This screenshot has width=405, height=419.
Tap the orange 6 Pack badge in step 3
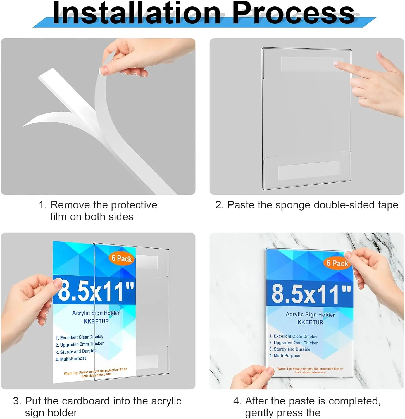point(121,258)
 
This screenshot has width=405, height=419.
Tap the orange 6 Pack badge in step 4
point(337,263)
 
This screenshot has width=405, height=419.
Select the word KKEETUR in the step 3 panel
point(96,322)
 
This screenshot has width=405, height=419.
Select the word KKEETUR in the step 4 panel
point(310,322)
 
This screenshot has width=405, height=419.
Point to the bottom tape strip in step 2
point(309,170)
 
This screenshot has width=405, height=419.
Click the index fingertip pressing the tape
point(337,64)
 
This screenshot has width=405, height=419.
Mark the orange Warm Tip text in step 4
point(310,370)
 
